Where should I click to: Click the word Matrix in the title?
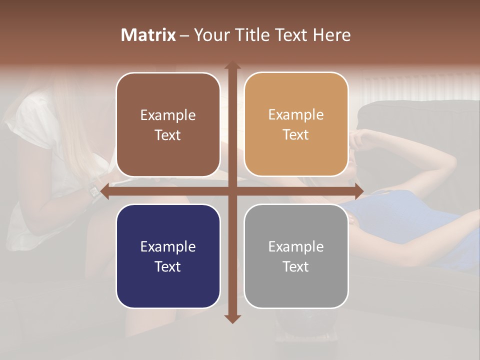(x=148, y=35)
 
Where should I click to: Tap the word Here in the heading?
(x=331, y=35)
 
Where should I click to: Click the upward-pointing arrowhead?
(x=232, y=64)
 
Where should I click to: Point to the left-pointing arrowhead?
(x=104, y=191)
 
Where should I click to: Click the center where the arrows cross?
(x=232, y=191)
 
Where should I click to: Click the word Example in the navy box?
(x=168, y=246)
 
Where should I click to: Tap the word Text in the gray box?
(x=296, y=266)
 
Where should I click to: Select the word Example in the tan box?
(x=296, y=115)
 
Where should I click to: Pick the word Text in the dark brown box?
(x=168, y=135)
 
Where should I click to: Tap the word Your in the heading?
(x=209, y=35)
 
